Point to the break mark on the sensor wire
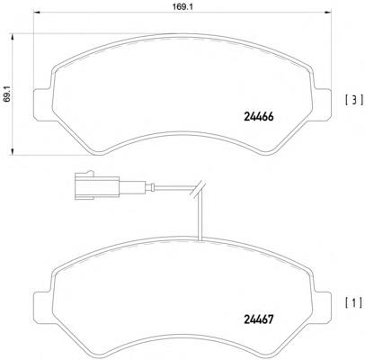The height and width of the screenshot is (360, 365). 202,190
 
